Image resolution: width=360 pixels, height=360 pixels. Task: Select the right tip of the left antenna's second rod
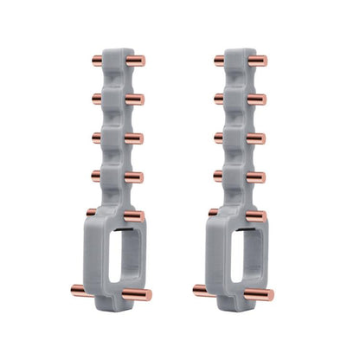140,100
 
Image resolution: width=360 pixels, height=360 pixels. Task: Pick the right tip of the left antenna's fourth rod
140,178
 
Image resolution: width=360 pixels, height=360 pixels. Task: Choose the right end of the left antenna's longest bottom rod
149,295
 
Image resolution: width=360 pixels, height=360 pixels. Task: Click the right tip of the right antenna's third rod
264,139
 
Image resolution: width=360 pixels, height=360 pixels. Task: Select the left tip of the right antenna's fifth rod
211,211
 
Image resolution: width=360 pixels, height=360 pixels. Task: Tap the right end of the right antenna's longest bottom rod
273,295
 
